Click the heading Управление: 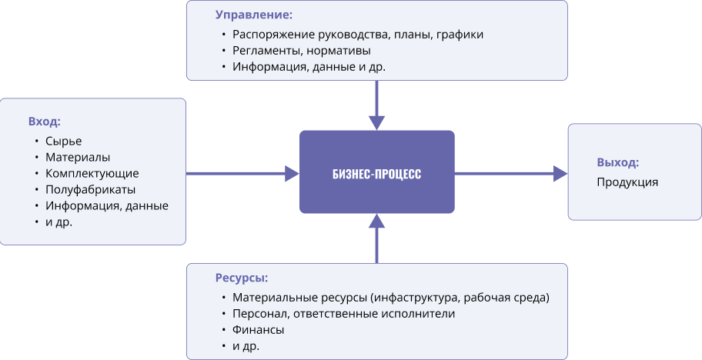254,15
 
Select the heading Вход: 45,122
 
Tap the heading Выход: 618,163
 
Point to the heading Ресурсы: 242,278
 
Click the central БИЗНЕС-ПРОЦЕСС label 377,174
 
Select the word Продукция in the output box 627,182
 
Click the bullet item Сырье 64,142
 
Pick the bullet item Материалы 78,158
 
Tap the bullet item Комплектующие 92,174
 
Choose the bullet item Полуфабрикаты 90,189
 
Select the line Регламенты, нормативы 301,51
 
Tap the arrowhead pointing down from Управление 377,123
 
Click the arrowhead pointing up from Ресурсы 377,221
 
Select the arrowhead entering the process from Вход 292,174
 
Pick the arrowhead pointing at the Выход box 560,174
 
